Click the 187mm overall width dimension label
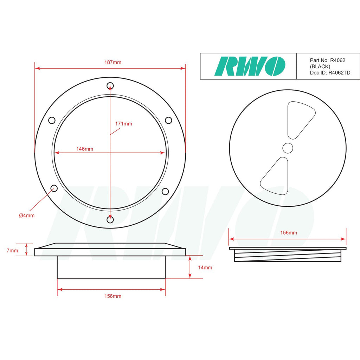point(112,62)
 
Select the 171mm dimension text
point(124,124)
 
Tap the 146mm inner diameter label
point(85,149)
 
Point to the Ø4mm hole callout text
point(27,216)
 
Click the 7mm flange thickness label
point(12,251)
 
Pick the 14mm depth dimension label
point(205,268)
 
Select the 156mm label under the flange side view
point(112,296)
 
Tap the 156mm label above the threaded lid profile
point(288,233)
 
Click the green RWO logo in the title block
point(250,66)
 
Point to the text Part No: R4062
point(327,60)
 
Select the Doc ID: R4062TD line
point(330,73)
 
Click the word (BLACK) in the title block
point(320,66)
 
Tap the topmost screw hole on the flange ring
point(110,85)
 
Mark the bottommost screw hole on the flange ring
point(110,220)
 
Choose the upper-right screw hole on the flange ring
point(168,120)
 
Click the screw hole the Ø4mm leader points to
point(54,188)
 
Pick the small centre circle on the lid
point(288,148)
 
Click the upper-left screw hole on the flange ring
point(52,120)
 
